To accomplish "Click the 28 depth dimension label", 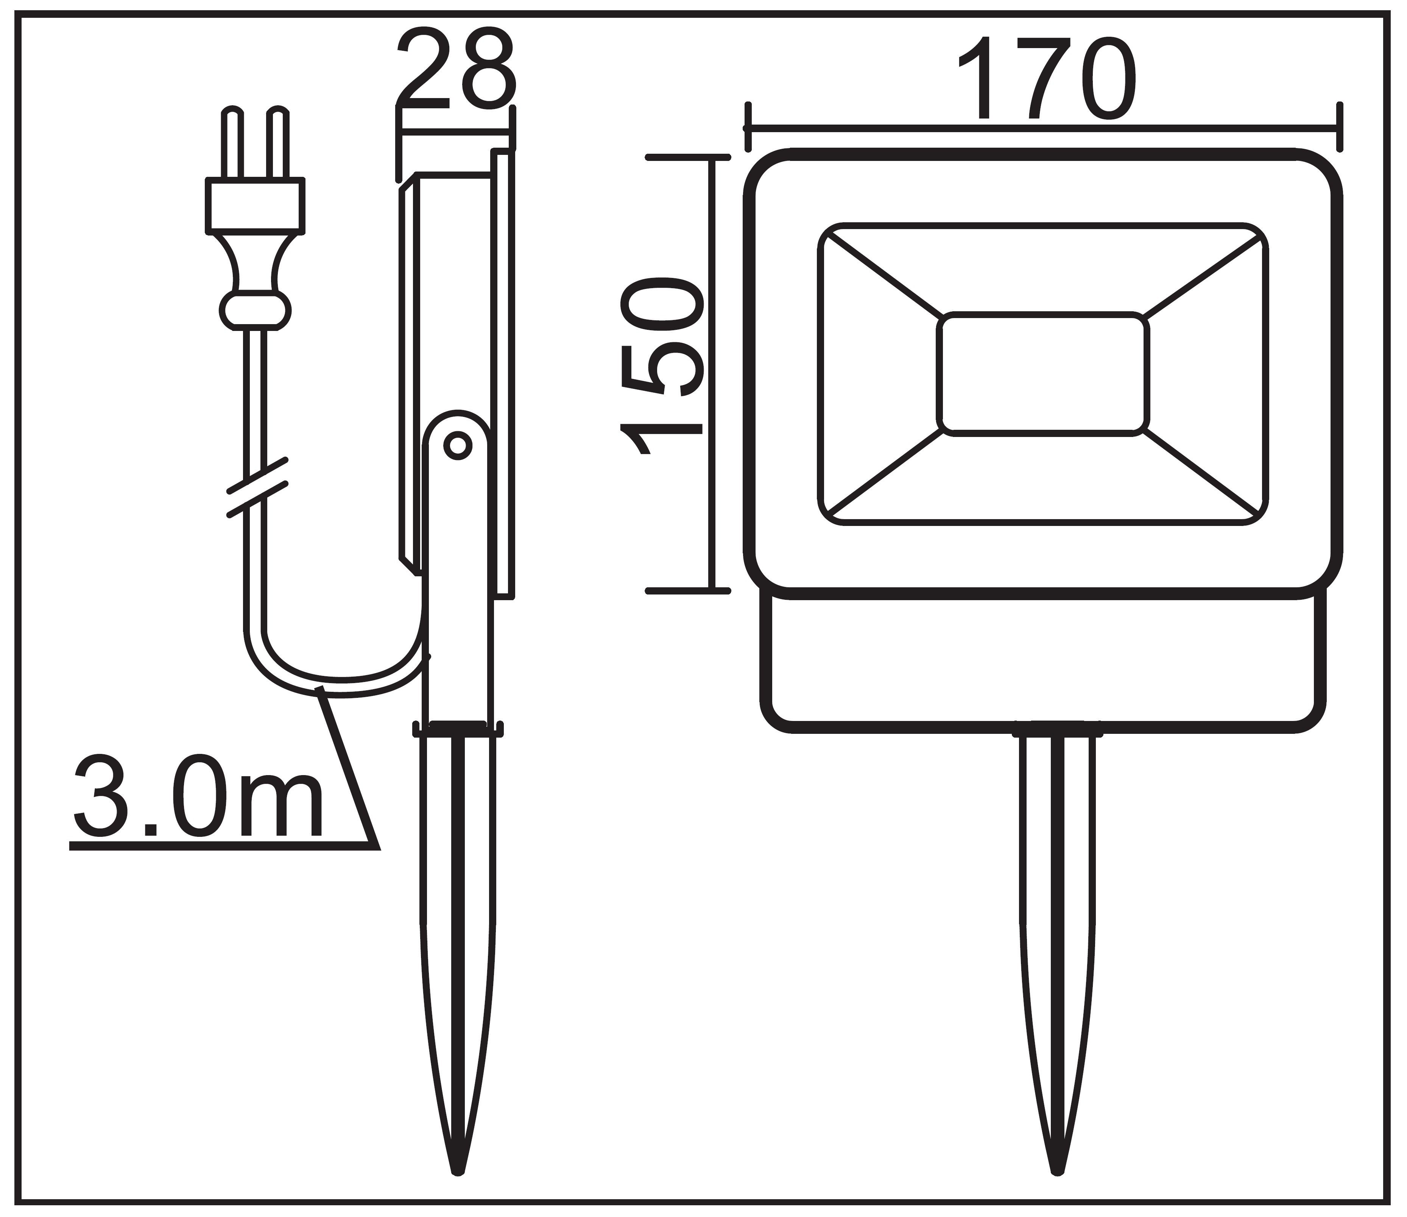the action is tap(457, 70).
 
